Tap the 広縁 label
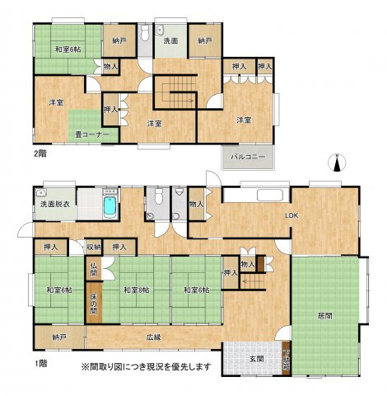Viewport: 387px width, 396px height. point(154,336)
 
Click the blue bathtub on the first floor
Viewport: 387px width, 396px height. point(108,205)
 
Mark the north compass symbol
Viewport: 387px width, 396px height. point(338,161)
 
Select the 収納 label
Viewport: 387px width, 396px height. point(94,247)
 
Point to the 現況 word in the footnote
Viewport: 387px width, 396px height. point(171,365)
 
